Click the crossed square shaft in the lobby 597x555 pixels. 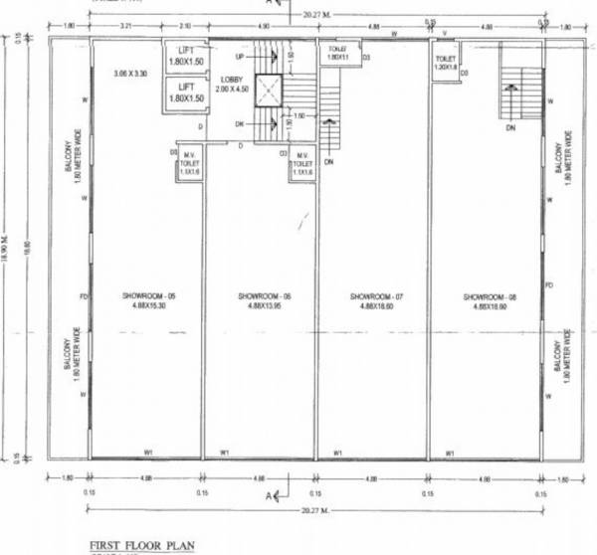tap(269, 92)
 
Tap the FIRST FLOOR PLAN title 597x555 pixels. tap(142, 544)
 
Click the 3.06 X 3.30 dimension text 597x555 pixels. tap(129, 75)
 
